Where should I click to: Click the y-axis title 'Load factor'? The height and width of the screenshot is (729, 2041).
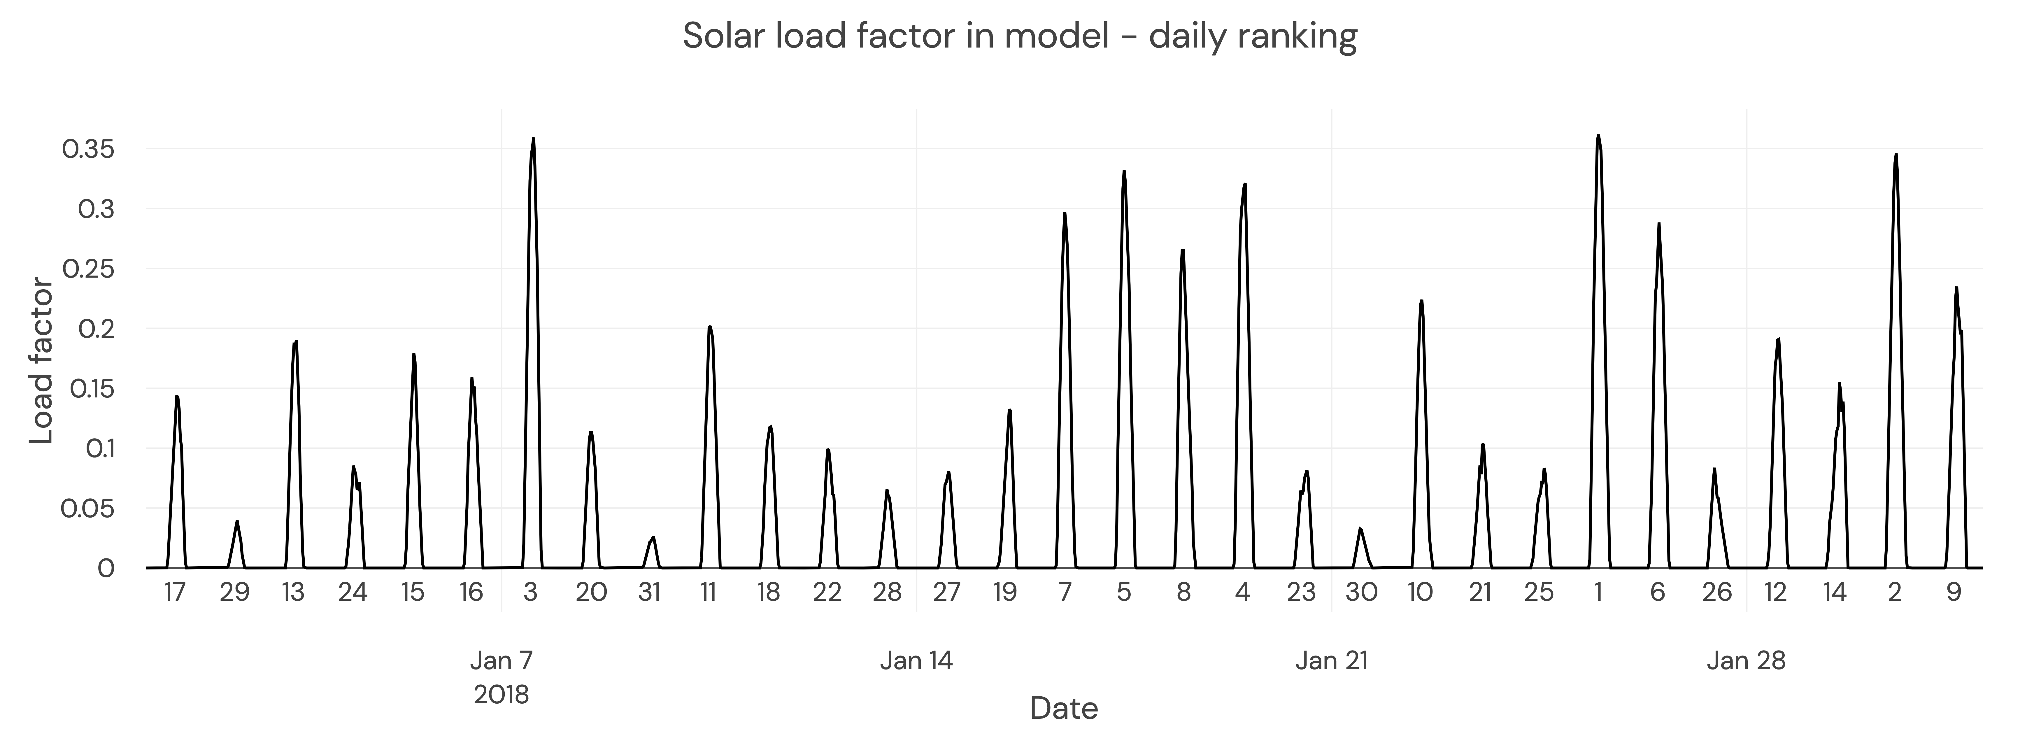coord(41,361)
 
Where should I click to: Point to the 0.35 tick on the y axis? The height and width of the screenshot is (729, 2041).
coord(88,149)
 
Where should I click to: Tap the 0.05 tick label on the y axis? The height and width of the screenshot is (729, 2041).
coord(88,509)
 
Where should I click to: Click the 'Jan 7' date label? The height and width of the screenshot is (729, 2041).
coord(502,660)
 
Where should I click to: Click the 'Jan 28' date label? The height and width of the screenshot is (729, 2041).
coord(1746,660)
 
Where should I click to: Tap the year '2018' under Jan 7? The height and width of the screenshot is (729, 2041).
coord(502,695)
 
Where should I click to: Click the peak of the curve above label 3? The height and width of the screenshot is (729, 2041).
coord(533,139)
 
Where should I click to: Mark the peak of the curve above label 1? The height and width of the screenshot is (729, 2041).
coord(1598,136)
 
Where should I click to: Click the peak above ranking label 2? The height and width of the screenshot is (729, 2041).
coord(1896,155)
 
